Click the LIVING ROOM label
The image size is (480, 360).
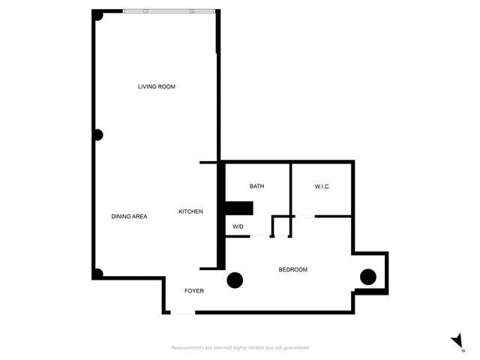tap(156, 87)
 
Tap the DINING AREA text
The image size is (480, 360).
tap(129, 217)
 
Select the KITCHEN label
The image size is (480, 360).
tap(190, 211)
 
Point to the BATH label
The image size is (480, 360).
tap(256, 187)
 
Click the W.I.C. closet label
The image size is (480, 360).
tap(322, 187)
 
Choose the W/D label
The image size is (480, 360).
tap(238, 226)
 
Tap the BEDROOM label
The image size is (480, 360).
tap(293, 269)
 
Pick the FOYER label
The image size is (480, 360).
tap(194, 290)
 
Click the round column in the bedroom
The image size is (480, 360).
tap(235, 280)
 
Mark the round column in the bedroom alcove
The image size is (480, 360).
tap(367, 277)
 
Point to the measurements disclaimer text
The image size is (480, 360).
tap(240, 348)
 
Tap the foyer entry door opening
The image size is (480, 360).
tap(182, 312)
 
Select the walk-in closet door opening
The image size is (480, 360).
tap(304, 216)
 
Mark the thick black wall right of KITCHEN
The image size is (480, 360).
tap(221, 217)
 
